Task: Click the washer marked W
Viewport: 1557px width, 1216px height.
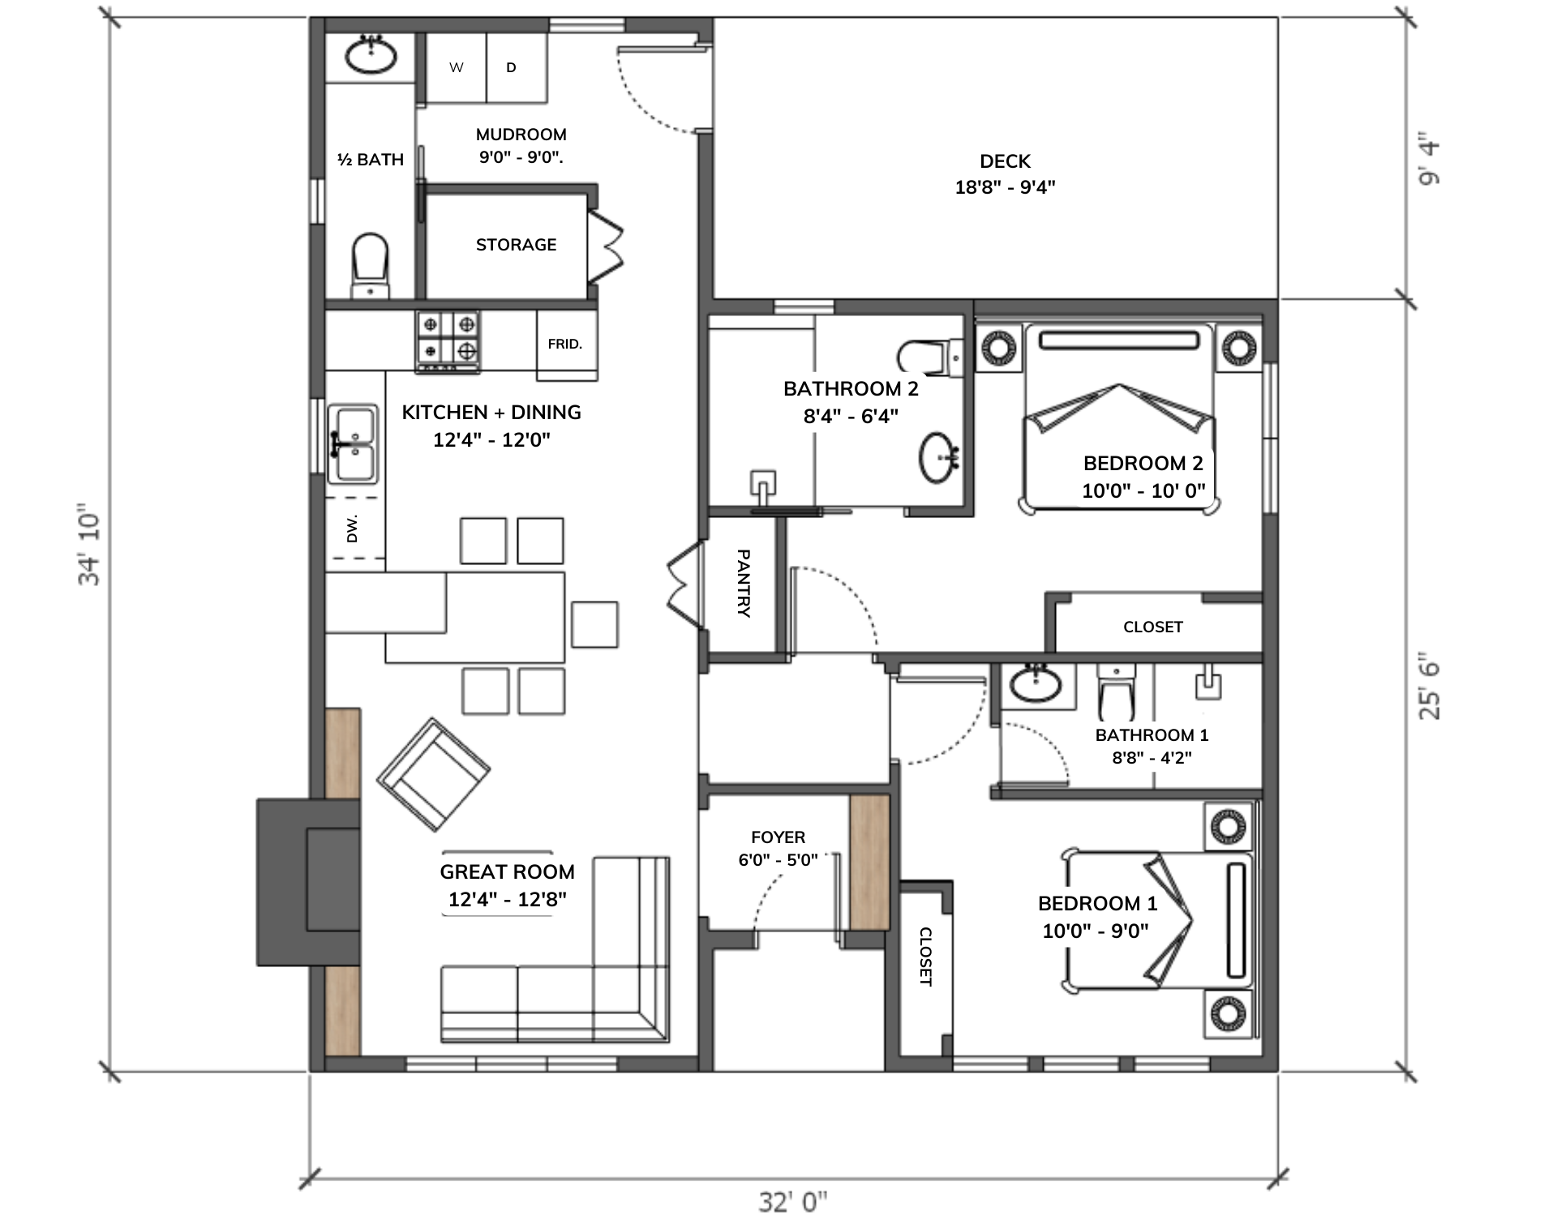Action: (x=456, y=67)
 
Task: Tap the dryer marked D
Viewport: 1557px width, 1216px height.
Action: (x=517, y=67)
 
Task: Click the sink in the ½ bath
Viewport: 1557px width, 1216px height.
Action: (x=371, y=54)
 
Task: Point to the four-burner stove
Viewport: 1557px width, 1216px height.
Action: (x=448, y=341)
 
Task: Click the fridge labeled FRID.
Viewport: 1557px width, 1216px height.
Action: (x=566, y=345)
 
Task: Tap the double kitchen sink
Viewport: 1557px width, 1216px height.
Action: (x=353, y=443)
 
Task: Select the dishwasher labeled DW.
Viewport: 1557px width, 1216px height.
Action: (x=354, y=528)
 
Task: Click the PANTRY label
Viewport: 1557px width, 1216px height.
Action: (x=743, y=584)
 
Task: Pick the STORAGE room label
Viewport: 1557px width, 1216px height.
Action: (x=517, y=245)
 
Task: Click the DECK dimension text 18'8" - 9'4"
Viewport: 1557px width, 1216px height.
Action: (x=1005, y=187)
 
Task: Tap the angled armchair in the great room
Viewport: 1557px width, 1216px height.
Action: (x=433, y=774)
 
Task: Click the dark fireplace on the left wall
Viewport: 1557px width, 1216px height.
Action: (x=308, y=882)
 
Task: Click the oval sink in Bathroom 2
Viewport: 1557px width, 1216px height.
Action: (x=939, y=458)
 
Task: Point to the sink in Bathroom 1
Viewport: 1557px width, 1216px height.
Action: (x=1035, y=683)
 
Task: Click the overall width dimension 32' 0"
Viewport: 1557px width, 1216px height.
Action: (x=793, y=1201)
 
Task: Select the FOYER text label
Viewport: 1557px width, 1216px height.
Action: (x=778, y=837)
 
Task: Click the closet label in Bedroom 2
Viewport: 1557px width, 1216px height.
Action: (x=1152, y=627)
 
